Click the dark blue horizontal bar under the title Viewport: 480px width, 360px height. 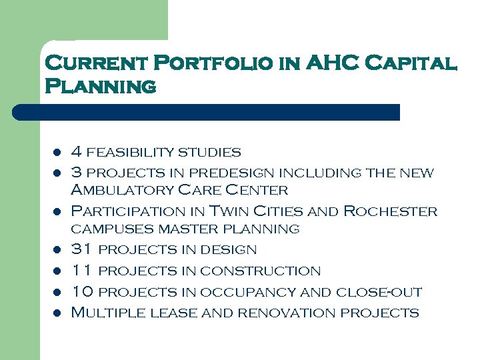click(207, 112)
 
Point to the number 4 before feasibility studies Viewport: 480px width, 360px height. click(77, 152)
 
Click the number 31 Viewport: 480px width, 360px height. click(81, 250)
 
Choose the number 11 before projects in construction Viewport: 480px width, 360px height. click(81, 271)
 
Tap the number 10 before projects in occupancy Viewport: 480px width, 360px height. click(81, 291)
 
